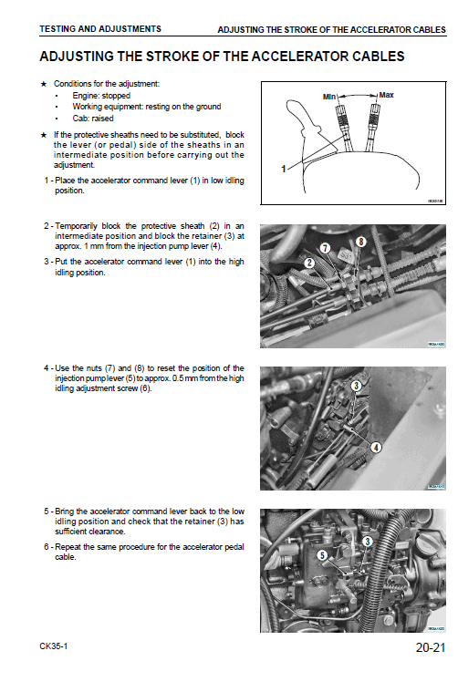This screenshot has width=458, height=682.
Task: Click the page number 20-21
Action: pos(429,649)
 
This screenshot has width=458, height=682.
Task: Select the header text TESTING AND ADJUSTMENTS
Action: pos(100,29)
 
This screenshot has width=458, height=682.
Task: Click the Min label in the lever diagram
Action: pos(330,96)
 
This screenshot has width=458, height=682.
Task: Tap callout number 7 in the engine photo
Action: pos(325,248)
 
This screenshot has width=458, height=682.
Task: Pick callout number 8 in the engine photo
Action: pos(360,242)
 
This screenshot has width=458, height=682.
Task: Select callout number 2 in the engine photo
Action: pos(309,263)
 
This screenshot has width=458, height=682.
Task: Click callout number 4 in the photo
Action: pos(375,449)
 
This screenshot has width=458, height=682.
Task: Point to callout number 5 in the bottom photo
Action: pos(320,554)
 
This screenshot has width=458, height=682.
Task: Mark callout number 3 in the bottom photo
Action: pos(367,542)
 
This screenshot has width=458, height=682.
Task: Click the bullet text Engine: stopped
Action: pos(101,96)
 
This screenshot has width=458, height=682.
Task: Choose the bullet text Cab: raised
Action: pos(93,119)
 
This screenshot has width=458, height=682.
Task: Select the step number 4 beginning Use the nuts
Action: pos(46,368)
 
